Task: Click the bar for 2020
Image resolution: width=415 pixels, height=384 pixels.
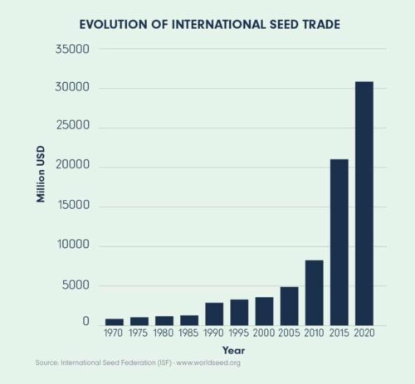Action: pos(364,203)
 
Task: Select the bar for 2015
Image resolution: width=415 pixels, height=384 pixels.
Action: pos(339,242)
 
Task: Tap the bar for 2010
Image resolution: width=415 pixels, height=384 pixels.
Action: pos(314,293)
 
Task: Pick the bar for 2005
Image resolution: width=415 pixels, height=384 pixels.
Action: pos(289,306)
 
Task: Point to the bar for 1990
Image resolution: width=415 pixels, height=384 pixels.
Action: pos(214,314)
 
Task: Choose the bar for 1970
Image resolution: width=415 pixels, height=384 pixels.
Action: pos(114,322)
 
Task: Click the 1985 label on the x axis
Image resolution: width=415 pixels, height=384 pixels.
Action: pos(189,333)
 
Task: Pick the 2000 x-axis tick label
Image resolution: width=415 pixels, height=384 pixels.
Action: pos(264,333)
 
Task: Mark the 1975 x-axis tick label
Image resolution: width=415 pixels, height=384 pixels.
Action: pos(139,333)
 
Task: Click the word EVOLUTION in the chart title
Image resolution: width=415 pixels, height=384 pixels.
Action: pos(117,24)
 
